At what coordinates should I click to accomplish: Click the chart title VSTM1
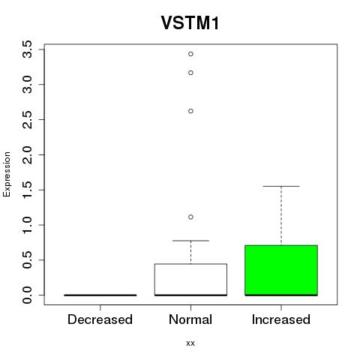pos(190,22)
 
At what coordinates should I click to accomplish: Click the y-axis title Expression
pos(7,174)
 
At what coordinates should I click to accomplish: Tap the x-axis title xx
pos(190,343)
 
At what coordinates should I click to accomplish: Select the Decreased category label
pos(100,319)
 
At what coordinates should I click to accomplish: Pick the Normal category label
pos(190,319)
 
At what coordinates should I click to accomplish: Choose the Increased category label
pos(281,319)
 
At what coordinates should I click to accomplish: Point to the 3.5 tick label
pos(27,49)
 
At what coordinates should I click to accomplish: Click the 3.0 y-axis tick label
pos(27,85)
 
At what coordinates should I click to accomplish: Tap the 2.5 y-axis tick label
pos(27,119)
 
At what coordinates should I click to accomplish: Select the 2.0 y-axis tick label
pos(27,154)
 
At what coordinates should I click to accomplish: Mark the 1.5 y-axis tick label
pos(27,190)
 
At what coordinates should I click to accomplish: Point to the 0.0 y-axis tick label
pos(27,295)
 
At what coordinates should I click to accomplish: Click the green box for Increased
pos(281,270)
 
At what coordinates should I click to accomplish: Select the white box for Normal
pos(190,280)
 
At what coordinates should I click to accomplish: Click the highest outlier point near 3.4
pos(190,54)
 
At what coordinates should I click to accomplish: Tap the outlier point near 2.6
pos(190,111)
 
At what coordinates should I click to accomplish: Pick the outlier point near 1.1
pos(190,217)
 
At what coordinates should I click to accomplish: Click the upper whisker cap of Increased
pos(281,186)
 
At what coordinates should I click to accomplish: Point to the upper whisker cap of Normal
pos(190,241)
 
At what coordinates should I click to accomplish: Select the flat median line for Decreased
pos(100,295)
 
